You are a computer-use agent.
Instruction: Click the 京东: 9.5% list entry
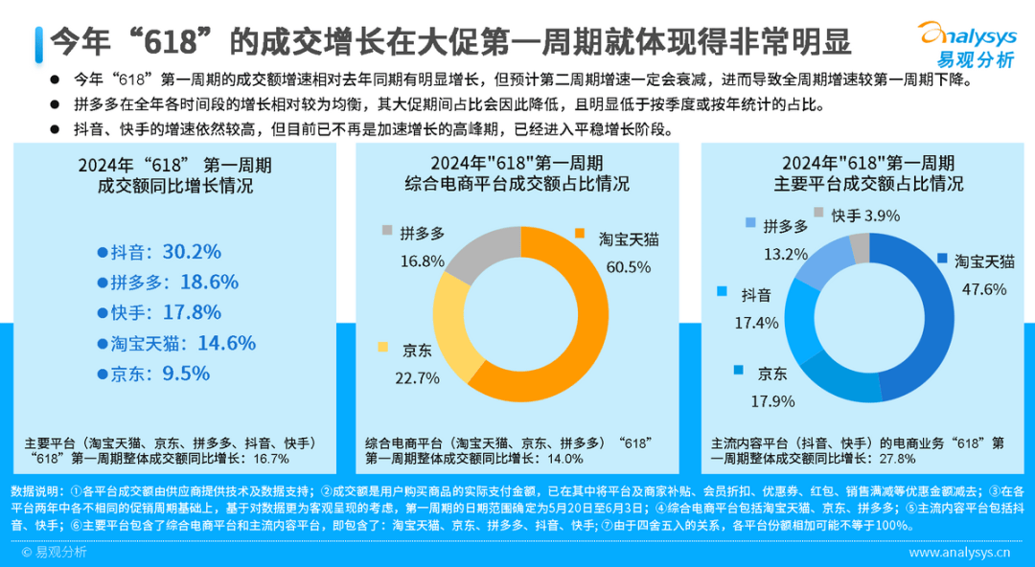point(152,374)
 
